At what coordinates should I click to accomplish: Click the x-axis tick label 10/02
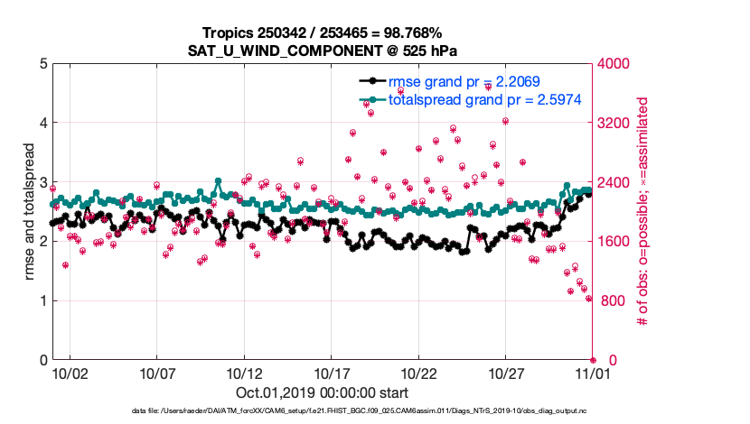click(70, 372)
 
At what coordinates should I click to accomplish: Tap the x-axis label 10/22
click(420, 372)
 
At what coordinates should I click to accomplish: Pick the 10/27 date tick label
click(507, 372)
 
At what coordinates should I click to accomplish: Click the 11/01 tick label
click(593, 372)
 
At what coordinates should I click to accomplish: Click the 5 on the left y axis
click(42, 64)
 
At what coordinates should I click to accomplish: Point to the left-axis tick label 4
click(42, 123)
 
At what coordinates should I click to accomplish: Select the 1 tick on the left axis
click(42, 301)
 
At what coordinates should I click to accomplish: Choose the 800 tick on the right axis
click(612, 301)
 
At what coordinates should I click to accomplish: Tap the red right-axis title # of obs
click(643, 212)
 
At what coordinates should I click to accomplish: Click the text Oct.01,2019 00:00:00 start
click(322, 393)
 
